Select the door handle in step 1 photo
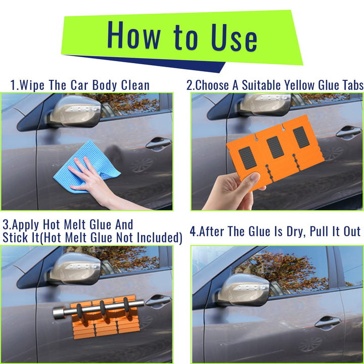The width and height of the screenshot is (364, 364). coord(158,144)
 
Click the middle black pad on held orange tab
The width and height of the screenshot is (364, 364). coord(275,147)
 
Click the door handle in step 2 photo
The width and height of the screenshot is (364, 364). coord(349,132)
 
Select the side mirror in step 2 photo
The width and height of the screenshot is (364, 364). coord(265,104)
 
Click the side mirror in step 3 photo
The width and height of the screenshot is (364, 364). coord(76,268)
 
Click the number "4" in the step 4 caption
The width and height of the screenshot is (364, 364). coord(193,232)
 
